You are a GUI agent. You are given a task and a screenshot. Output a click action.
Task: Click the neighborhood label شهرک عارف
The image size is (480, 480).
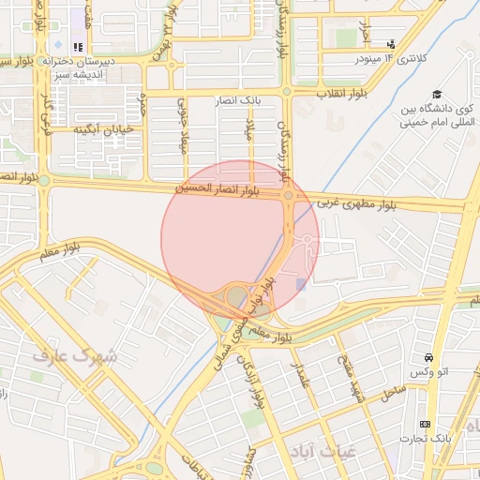point(74,356)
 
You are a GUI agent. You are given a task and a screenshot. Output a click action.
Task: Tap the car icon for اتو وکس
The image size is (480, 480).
point(428,357)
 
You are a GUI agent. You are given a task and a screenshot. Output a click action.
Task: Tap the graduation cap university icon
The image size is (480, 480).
point(437,94)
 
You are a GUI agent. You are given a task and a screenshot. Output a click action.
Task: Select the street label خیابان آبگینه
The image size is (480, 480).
point(103,128)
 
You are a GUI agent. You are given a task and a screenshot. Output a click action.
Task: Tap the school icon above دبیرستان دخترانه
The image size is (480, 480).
point(78,46)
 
